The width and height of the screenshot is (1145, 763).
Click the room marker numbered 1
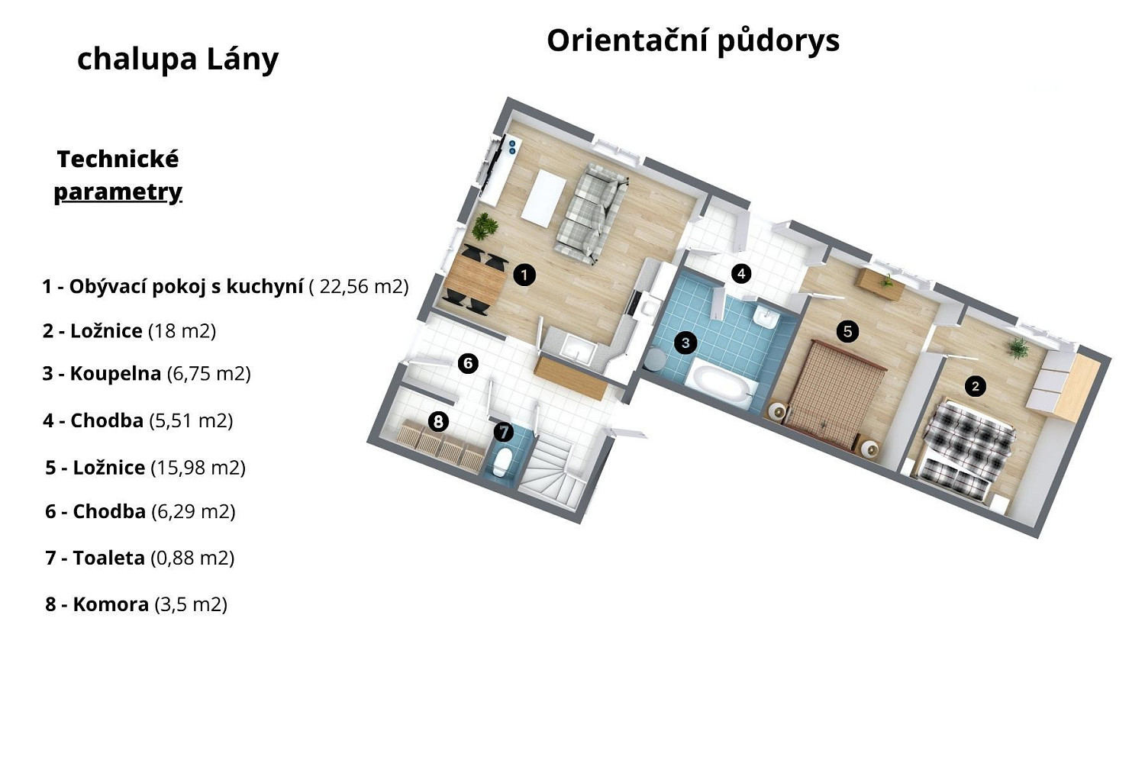pos(524,275)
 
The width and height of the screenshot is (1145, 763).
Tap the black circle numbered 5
pos(847,332)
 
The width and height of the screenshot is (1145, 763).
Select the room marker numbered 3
pos(685,343)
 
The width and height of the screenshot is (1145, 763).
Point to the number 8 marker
pos(438,422)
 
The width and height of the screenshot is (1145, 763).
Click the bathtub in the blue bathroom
pos(722,383)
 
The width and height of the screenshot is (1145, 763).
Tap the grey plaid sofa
pos(592,214)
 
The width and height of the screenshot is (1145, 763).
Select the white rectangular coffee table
pos(544,198)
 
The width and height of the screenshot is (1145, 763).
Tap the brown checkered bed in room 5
pos(834,394)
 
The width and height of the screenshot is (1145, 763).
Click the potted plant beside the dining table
pos(484,227)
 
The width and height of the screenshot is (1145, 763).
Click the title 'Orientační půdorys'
pos(693,41)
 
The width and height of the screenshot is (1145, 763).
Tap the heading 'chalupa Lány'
pos(178,60)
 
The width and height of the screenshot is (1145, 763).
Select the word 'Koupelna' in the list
pos(115,374)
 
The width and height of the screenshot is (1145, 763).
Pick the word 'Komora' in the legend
pos(111,604)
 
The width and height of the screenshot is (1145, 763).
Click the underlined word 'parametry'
pos(118,193)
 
